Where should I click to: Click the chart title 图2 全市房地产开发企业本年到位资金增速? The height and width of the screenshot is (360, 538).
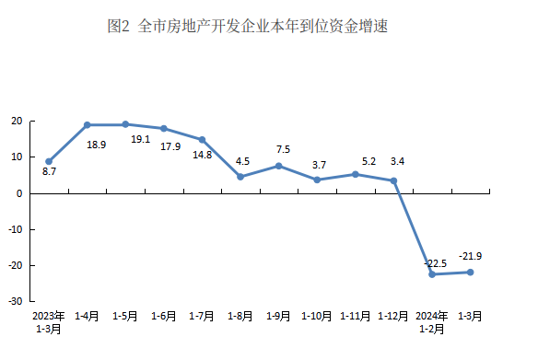click(248, 26)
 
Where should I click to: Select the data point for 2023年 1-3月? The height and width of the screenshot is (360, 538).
click(49, 161)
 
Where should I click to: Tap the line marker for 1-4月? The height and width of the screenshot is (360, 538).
click(88, 125)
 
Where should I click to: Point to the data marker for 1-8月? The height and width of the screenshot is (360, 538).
click(240, 177)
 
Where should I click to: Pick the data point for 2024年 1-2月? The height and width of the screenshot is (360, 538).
click(432, 274)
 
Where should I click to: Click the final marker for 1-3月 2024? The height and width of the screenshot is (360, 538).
click(471, 273)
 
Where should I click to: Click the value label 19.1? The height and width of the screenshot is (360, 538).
click(141, 139)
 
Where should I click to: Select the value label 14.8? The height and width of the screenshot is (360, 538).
click(203, 155)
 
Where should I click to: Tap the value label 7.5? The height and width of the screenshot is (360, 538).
click(283, 149)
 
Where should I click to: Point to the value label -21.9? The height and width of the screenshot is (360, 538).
click(470, 256)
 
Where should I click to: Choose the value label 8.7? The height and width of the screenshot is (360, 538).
click(49, 171)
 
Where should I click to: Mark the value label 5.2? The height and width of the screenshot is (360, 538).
click(368, 161)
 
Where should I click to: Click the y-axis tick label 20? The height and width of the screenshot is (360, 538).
click(17, 121)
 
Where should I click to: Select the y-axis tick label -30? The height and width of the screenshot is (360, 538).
click(15, 301)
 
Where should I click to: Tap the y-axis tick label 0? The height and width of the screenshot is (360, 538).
click(19, 193)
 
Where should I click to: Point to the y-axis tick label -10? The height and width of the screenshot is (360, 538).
click(15, 229)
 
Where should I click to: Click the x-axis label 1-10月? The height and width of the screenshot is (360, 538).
click(317, 316)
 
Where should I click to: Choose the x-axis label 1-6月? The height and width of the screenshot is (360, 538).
click(164, 316)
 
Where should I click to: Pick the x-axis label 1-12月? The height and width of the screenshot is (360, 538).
click(393, 316)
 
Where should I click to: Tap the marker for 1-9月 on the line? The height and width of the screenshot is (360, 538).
click(278, 166)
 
